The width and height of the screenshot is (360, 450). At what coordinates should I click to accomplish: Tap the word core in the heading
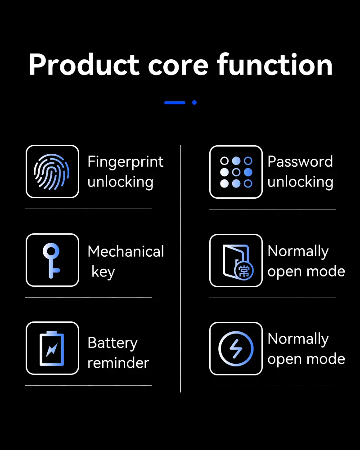point(178,66)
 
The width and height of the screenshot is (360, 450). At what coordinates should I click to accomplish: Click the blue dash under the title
point(175,102)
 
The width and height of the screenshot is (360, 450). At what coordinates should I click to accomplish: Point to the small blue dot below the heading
point(194,102)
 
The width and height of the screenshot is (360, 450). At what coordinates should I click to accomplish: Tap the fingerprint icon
point(52,171)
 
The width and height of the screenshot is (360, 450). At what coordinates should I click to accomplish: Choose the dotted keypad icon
point(236,172)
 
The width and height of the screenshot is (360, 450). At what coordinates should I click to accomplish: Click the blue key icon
point(52,260)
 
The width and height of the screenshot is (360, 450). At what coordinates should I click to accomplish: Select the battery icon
point(52,348)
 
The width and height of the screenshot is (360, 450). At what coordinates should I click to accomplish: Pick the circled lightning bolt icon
point(236,348)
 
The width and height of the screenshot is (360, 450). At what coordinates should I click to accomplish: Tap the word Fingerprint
point(125,162)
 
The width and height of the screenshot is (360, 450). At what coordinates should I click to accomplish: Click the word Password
point(300,162)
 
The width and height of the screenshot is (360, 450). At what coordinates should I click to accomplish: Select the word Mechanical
point(126,251)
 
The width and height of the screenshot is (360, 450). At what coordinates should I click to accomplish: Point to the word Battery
point(112,343)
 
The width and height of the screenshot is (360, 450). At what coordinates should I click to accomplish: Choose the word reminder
point(118,363)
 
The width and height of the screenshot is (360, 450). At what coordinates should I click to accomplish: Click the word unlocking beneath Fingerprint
point(120,182)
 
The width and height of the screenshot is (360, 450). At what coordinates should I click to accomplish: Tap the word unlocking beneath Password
point(300,182)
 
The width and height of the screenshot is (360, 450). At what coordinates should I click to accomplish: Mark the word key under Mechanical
point(103,272)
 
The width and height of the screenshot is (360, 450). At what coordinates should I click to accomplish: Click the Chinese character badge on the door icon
point(244,271)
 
